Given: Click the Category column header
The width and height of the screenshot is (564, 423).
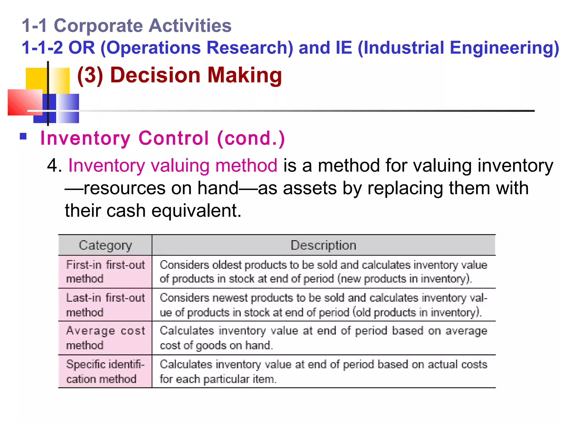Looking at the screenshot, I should pyautogui.click(x=105, y=245).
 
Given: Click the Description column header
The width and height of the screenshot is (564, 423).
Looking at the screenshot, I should pyautogui.click(x=323, y=245).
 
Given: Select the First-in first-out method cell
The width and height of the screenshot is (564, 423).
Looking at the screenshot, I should pyautogui.click(x=105, y=272).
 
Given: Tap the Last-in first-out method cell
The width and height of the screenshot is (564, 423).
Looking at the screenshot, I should pyautogui.click(x=105, y=305).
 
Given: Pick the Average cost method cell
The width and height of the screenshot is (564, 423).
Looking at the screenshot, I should pyautogui.click(x=105, y=338).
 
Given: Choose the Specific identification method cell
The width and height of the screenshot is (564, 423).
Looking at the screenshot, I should pyautogui.click(x=105, y=372).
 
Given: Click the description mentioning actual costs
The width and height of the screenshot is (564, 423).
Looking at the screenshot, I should pyautogui.click(x=323, y=372).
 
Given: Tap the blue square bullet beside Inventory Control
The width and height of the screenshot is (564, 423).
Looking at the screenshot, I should pyautogui.click(x=23, y=137).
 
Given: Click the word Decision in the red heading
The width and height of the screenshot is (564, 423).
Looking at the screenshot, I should pyautogui.click(x=155, y=75).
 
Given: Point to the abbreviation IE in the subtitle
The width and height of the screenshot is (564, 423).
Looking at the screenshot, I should pyautogui.click(x=344, y=48).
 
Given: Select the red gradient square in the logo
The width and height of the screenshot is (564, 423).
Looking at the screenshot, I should pyautogui.click(x=25, y=102).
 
